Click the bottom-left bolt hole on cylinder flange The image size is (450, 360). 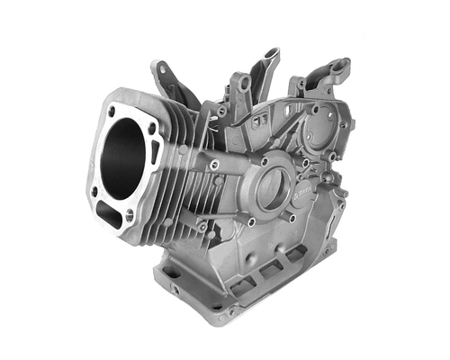point(94,191)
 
